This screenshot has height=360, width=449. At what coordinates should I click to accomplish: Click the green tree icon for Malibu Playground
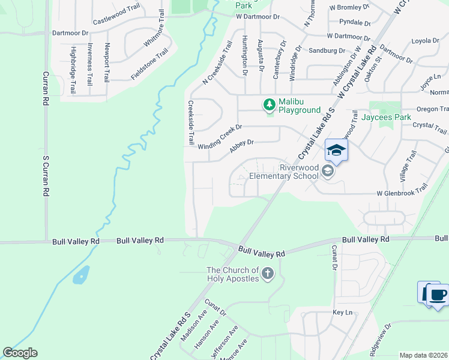[270, 105]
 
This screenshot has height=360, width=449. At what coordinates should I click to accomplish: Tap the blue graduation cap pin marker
[336, 151]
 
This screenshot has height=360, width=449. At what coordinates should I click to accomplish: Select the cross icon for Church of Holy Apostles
[267, 274]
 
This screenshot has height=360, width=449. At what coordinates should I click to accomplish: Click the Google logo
[20, 353]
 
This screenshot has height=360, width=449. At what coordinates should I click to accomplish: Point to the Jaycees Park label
[387, 117]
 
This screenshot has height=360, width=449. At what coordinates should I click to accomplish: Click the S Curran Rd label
[45, 176]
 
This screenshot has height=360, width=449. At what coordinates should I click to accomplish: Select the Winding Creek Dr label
[220, 136]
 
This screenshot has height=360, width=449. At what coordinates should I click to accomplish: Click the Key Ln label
[342, 313]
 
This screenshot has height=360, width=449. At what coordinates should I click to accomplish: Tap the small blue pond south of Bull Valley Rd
[81, 275]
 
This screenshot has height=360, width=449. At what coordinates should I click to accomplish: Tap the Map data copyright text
[424, 355]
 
